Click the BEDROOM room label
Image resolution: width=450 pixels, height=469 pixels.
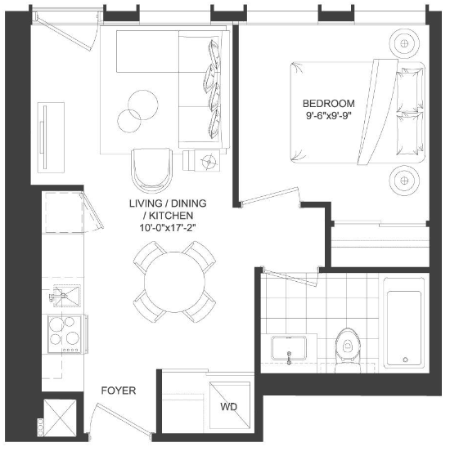coord(329,104)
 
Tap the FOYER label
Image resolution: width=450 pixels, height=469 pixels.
coord(119,391)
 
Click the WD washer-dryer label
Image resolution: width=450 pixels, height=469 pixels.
coord(228,407)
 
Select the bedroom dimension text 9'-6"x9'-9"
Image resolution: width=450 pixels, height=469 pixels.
coord(328,116)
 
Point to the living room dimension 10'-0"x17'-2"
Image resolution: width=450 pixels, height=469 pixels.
coord(168,228)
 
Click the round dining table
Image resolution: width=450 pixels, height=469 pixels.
coord(174,282)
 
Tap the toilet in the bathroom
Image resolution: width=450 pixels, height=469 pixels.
coord(348,351)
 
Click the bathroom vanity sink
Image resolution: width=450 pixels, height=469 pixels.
coord(289,348)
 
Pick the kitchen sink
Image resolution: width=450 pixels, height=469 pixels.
coord(66,296)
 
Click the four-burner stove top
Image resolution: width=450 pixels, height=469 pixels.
coord(65,334)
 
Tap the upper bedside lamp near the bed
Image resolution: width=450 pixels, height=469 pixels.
coord(404,43)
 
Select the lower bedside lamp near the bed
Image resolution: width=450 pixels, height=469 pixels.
coord(404,181)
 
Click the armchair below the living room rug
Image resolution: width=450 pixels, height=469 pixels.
coord(152,170)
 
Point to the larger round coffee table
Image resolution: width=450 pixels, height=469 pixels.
coord(143,105)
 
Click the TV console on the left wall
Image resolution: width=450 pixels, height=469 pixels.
coord(51,137)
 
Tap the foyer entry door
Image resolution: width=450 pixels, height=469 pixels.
coord(123,418)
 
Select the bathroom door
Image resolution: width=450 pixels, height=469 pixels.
coord(290,277)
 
